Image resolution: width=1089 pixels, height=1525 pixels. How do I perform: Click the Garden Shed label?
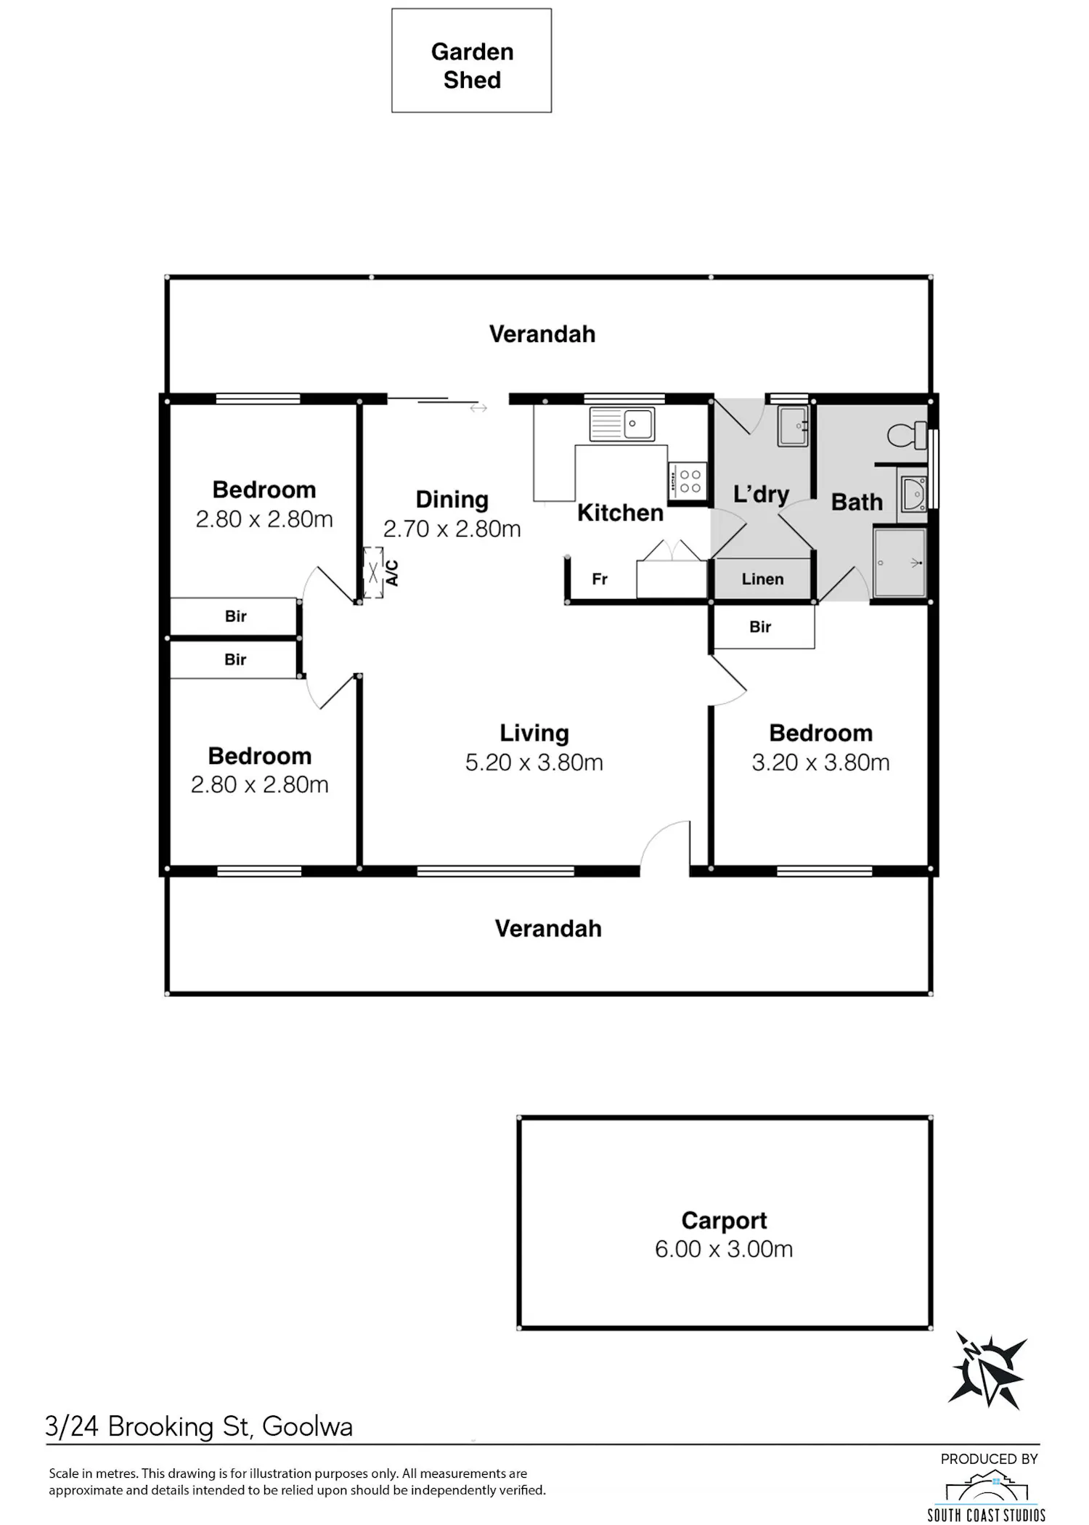coord(472,65)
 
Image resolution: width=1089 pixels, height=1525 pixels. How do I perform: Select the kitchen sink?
coord(622,423)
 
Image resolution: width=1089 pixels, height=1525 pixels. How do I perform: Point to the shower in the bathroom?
coord(900,563)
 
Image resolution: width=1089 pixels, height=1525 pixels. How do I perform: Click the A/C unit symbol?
coord(373,573)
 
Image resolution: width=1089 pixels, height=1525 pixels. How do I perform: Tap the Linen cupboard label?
coord(762,579)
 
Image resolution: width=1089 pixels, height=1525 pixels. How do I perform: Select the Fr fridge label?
coord(600,579)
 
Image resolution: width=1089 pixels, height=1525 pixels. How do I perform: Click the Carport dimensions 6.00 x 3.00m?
coord(724,1249)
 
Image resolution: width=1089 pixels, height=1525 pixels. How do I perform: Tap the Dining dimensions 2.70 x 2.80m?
coord(452,529)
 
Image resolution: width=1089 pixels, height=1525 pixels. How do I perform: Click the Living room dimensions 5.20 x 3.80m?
coord(534,762)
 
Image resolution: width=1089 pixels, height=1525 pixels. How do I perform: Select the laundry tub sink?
coord(793,426)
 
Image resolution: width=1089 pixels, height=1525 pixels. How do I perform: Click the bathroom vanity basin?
coord(913,494)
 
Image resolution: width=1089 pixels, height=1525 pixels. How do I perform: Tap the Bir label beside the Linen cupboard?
coord(760,627)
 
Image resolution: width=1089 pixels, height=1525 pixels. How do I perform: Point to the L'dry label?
coord(761,495)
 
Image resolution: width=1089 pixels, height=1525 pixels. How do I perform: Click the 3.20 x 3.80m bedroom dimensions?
coord(820,762)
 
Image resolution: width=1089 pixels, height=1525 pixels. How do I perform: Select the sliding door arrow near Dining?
coord(478,408)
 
